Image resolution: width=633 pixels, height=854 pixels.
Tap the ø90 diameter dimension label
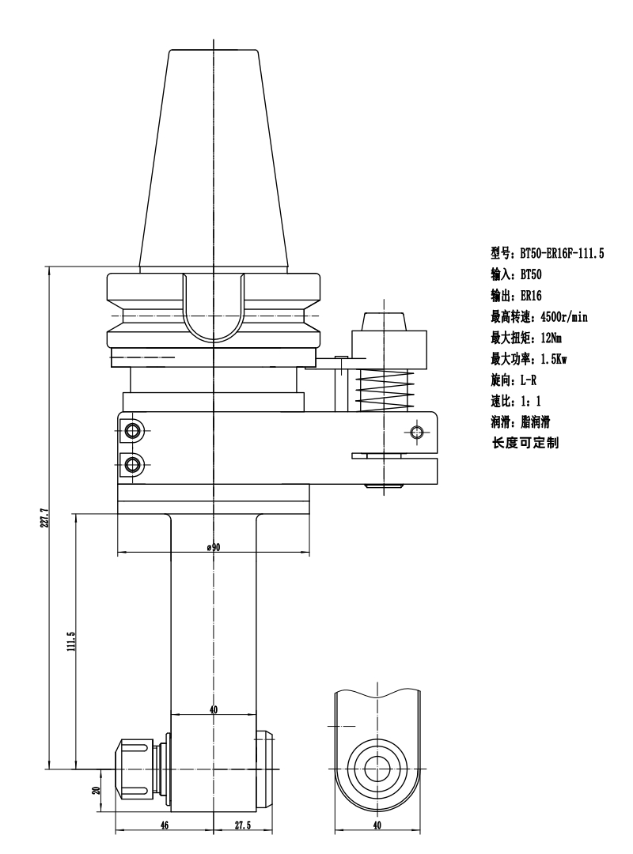tap(213, 547)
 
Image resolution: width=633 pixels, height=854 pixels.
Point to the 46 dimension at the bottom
tap(165, 825)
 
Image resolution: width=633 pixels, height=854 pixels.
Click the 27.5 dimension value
tap(243, 825)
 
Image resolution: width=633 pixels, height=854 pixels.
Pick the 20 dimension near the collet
tap(97, 790)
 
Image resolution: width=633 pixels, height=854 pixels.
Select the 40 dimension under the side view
tap(377, 825)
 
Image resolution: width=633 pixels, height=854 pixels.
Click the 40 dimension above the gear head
tap(213, 709)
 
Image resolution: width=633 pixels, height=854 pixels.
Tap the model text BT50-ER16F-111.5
tap(562, 253)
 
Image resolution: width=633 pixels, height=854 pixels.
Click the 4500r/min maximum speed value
tap(563, 317)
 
